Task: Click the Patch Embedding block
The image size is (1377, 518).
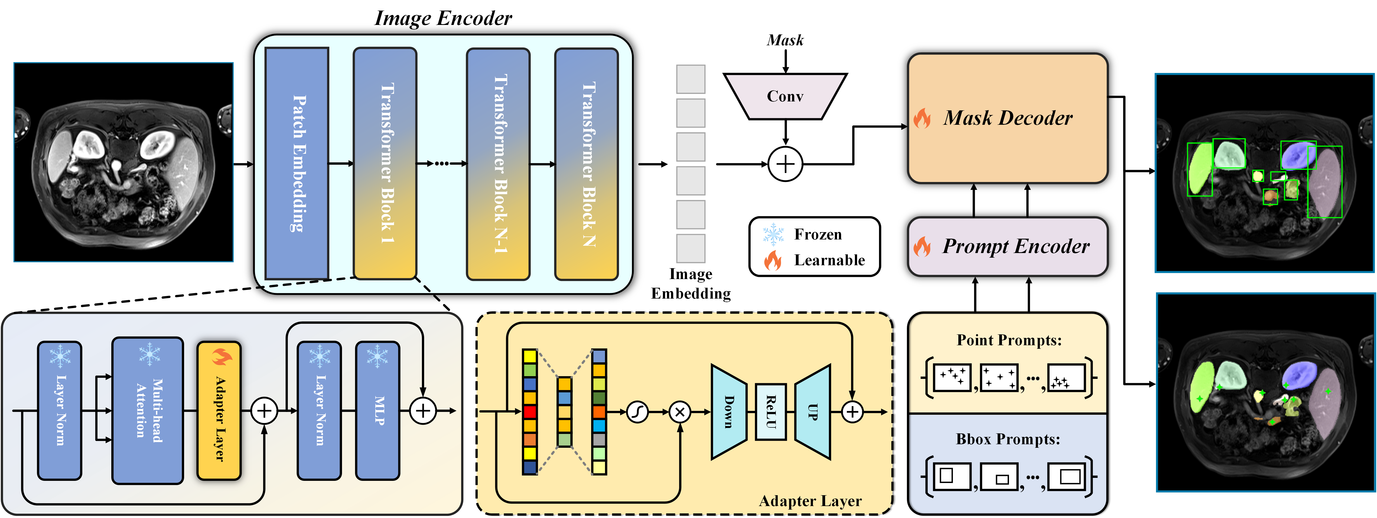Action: pyautogui.click(x=297, y=163)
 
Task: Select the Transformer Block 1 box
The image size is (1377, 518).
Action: pyautogui.click(x=385, y=163)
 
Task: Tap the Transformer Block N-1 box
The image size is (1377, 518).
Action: pyautogui.click(x=498, y=163)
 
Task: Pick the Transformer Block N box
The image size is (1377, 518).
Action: pyautogui.click(x=586, y=163)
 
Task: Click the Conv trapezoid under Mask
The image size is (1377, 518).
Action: pyautogui.click(x=785, y=96)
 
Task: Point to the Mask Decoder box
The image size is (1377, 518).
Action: pyautogui.click(x=1008, y=118)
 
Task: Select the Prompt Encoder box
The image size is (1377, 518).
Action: pyautogui.click(x=1008, y=246)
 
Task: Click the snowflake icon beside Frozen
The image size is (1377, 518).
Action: pyautogui.click(x=773, y=234)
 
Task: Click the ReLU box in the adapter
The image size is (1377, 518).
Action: pyautogui.click(x=770, y=411)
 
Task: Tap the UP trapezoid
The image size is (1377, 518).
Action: pyautogui.click(x=812, y=411)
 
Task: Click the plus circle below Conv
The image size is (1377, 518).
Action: pyautogui.click(x=785, y=164)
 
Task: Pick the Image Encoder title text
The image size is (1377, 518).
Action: pyautogui.click(x=443, y=18)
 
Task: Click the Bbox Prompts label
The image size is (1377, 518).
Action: pyautogui.click(x=1008, y=439)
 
